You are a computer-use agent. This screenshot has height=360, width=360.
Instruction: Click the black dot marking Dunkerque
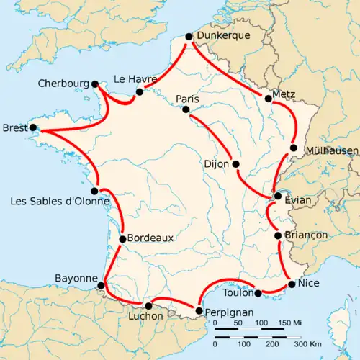tap(189, 37)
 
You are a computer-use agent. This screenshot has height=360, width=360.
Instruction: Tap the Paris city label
tap(187, 99)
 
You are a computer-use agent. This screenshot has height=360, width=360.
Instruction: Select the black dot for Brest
tap(32, 129)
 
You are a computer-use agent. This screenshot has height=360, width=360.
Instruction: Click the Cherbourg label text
tap(65, 84)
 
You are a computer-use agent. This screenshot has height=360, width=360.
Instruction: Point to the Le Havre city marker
tap(139, 91)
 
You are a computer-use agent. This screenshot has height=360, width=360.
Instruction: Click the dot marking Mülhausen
tap(293, 148)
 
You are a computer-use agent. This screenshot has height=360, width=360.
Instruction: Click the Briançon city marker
tap(278, 235)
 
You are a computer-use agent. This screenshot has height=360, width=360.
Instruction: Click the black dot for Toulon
tap(258, 293)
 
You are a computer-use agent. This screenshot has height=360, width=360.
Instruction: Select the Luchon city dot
tap(149, 306)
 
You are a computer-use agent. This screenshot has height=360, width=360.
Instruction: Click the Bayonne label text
tap(76, 278)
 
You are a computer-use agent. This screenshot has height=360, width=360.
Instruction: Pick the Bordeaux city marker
tap(123, 239)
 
